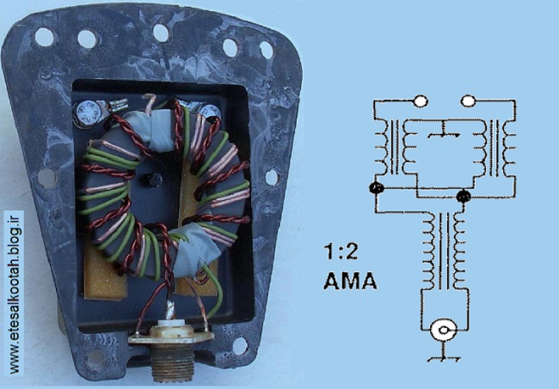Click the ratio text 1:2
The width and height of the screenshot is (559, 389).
[x=341, y=252]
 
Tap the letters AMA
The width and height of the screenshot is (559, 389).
[x=350, y=281]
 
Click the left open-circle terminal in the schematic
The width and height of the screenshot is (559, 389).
[x=421, y=101]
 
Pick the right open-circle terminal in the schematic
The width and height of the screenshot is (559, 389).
[x=468, y=100]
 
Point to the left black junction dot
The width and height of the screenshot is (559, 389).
[x=377, y=187]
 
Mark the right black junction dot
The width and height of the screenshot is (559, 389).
[x=464, y=196]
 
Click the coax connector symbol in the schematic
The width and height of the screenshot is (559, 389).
[x=443, y=330]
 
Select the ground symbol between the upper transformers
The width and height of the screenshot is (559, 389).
[x=444, y=131]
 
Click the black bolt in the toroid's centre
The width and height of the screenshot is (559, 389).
[x=154, y=180]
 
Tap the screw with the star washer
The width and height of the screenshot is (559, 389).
[x=85, y=112]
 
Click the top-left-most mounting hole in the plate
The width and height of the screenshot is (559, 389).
[x=44, y=37]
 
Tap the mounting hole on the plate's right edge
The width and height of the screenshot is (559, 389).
[x=271, y=177]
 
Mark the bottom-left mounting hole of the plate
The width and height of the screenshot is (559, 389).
[x=95, y=359]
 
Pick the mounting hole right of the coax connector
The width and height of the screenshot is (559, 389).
[x=240, y=345]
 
